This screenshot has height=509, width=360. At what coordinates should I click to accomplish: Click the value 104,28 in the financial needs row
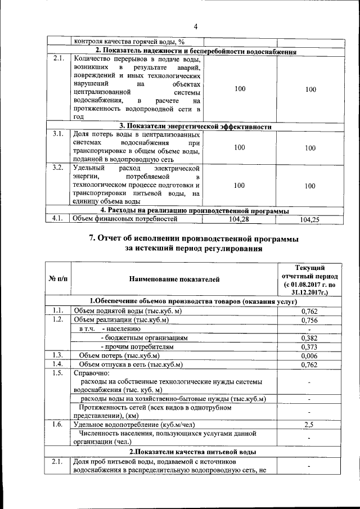(240, 219)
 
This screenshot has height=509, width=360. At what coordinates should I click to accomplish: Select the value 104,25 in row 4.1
(307, 220)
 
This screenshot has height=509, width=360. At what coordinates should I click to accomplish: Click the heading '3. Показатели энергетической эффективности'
(195, 127)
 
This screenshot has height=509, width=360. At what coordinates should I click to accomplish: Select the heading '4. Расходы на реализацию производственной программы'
(195, 211)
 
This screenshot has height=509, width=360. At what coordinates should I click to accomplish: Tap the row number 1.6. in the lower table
(57, 424)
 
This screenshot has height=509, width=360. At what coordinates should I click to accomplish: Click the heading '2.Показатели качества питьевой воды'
(193, 452)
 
